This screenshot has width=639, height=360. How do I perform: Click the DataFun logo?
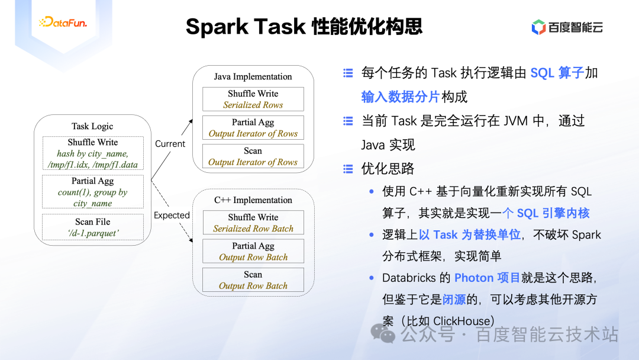[63, 23]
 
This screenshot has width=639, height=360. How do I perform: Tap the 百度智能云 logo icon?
[538, 27]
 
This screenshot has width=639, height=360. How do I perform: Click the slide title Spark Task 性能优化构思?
[304, 27]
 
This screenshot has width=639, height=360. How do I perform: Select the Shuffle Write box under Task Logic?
[93, 153]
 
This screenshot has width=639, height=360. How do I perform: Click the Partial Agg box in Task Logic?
[93, 192]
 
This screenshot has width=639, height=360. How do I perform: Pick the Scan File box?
[93, 227]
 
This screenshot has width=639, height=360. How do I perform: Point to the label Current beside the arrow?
[170, 144]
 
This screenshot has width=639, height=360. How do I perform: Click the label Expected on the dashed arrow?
[172, 216]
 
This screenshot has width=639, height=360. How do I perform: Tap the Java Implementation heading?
[253, 76]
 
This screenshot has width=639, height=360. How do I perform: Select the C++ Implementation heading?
[253, 200]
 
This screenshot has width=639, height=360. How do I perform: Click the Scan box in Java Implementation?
[253, 156]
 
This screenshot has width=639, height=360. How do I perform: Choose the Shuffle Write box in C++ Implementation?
[253, 223]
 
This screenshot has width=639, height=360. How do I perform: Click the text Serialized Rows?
[253, 105]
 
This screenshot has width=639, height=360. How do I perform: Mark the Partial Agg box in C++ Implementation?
[253, 251]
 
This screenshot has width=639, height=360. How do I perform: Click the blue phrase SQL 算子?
[557, 73]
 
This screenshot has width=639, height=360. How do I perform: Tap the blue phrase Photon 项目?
[488, 278]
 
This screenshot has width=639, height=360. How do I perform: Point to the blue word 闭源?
[454, 299]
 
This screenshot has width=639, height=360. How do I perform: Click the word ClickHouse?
[461, 321]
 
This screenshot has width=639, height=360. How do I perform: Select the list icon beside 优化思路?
[348, 169]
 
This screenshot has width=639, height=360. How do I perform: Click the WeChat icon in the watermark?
[387, 335]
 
